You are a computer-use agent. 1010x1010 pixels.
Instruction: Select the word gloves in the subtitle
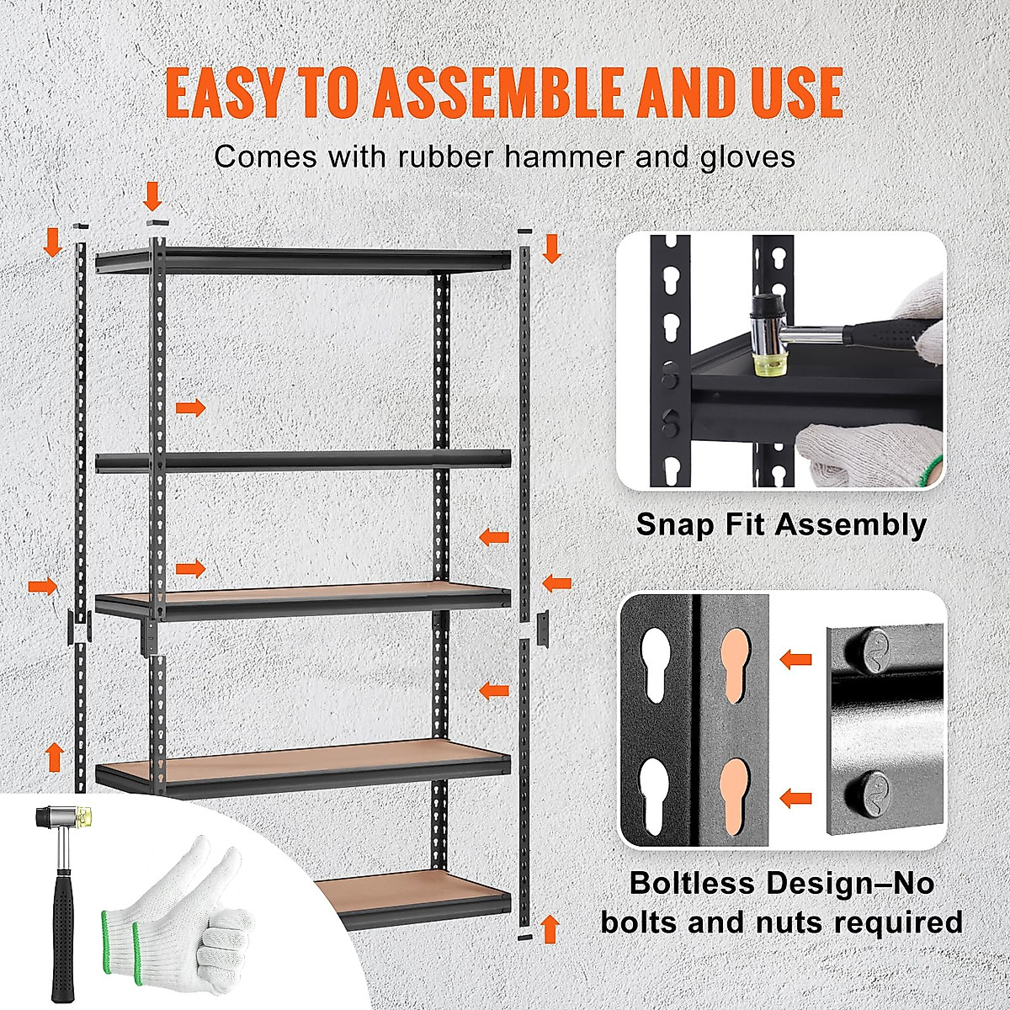pyautogui.click(x=746, y=157)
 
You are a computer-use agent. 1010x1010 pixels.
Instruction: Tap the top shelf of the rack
pyautogui.click(x=303, y=261)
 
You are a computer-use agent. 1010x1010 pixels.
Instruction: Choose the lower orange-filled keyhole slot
pyautogui.click(x=735, y=794)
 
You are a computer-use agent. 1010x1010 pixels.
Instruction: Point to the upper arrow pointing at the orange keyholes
pyautogui.click(x=795, y=658)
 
